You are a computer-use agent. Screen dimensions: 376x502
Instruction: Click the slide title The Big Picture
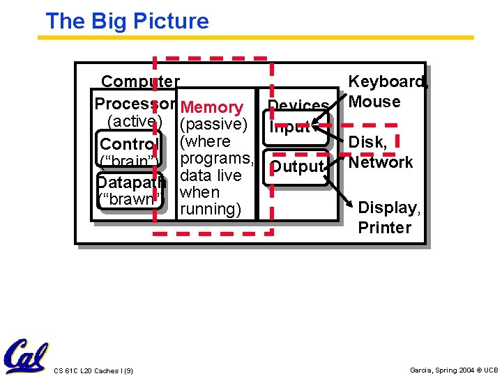pos(127,21)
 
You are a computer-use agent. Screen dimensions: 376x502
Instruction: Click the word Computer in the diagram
pos(140,82)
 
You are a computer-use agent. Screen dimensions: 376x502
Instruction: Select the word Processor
pos(135,104)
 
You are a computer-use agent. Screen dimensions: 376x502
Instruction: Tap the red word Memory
pos(211,107)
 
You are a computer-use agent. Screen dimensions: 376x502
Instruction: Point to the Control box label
pos(130,144)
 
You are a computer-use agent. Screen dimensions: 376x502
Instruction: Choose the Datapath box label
pos(131,182)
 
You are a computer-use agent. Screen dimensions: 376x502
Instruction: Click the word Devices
pos(298,106)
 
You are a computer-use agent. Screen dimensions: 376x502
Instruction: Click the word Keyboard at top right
pos(388,82)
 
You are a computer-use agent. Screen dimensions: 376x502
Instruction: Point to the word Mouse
pos(374,102)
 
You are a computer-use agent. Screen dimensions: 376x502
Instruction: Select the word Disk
pos(367,142)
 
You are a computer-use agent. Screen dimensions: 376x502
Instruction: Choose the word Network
pos(381,162)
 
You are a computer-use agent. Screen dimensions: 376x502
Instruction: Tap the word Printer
pos(384,228)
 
